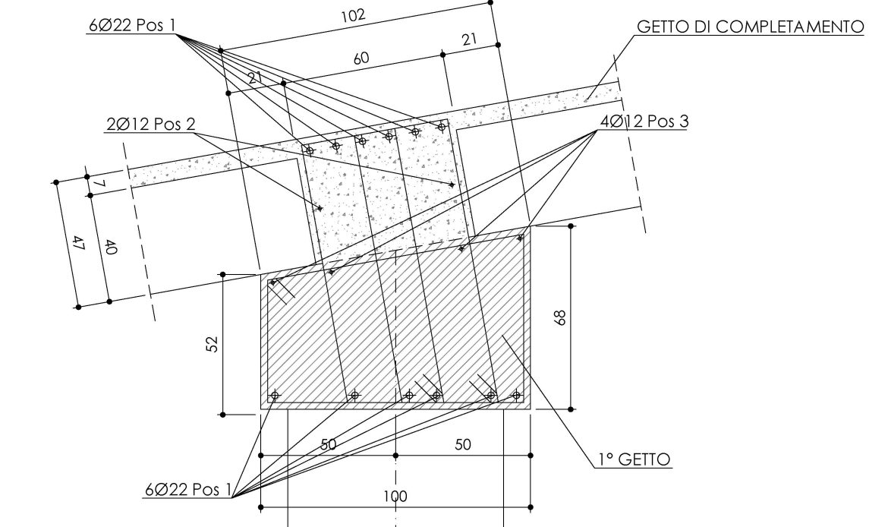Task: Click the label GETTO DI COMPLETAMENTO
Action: click(751, 27)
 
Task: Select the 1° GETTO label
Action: click(635, 459)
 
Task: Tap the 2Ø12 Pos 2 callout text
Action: click(150, 124)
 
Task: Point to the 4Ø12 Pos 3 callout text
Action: click(644, 121)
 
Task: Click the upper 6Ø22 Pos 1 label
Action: click(133, 26)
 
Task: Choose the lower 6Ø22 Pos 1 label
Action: click(188, 490)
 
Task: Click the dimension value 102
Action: click(353, 15)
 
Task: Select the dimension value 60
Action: click(361, 58)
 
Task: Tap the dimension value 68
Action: click(560, 317)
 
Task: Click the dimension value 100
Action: click(395, 497)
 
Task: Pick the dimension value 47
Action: click(79, 245)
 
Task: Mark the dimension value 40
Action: click(111, 248)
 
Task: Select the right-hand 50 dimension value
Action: click(463, 445)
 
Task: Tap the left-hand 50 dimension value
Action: click(329, 445)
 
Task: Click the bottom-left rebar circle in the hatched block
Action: click(275, 395)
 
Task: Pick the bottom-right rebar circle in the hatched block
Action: click(516, 395)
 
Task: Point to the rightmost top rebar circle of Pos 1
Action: click(442, 127)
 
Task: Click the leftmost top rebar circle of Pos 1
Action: click(309, 150)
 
